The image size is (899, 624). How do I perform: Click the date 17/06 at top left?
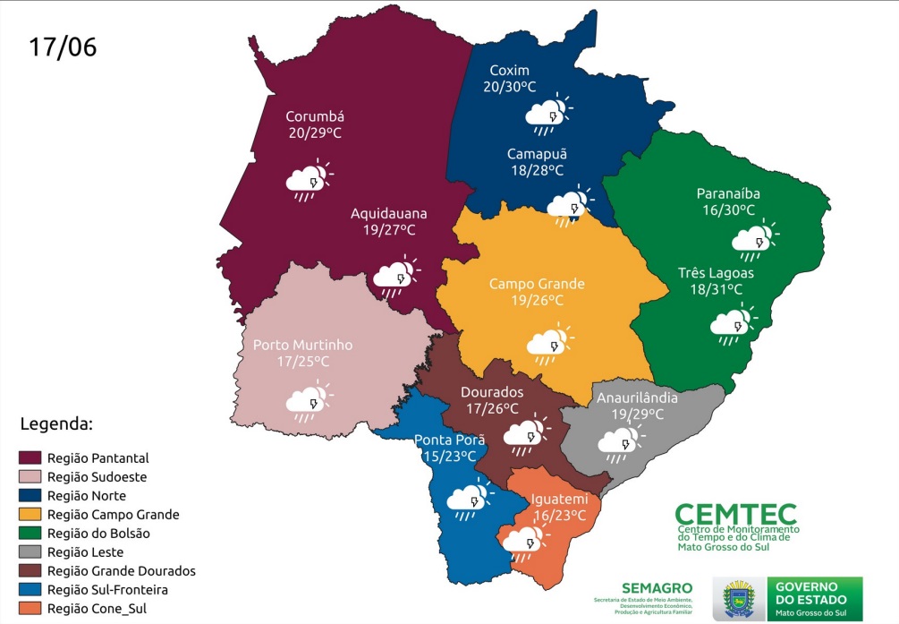coord(63,47)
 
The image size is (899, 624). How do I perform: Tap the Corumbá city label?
coord(315,116)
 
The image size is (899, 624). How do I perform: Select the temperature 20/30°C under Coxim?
coord(510,87)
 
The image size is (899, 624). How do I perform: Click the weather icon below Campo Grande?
coord(547,342)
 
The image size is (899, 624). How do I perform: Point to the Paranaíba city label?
coord(728,194)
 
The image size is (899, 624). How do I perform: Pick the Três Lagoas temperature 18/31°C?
coord(716,289)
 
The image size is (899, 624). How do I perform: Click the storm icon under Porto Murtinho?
coord(307,402)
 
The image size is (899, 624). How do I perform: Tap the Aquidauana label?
coord(388,214)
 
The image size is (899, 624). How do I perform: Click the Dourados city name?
coord(491,392)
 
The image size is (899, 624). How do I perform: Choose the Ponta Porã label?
coord(449,440)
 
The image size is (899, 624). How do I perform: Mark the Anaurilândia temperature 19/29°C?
coord(637,415)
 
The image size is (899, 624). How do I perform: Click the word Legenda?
coord(56,423)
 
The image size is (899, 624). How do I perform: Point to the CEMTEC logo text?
coord(735,513)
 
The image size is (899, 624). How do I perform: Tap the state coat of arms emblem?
coord(740,598)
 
